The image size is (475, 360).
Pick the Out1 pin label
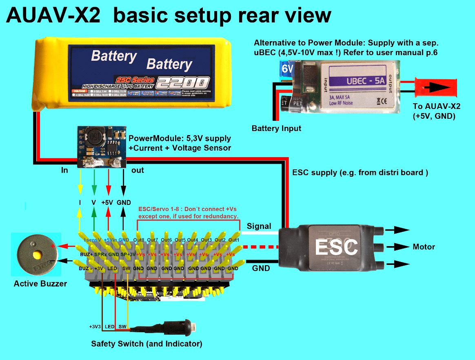point(234,240)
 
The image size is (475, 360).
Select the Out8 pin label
point(139,240)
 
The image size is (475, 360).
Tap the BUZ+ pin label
point(86,254)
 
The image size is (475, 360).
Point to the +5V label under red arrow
point(108,202)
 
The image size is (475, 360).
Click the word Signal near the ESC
point(259,226)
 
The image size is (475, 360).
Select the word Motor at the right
point(424,247)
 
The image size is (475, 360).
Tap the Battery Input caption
point(276,129)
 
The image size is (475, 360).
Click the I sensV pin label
point(93,240)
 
